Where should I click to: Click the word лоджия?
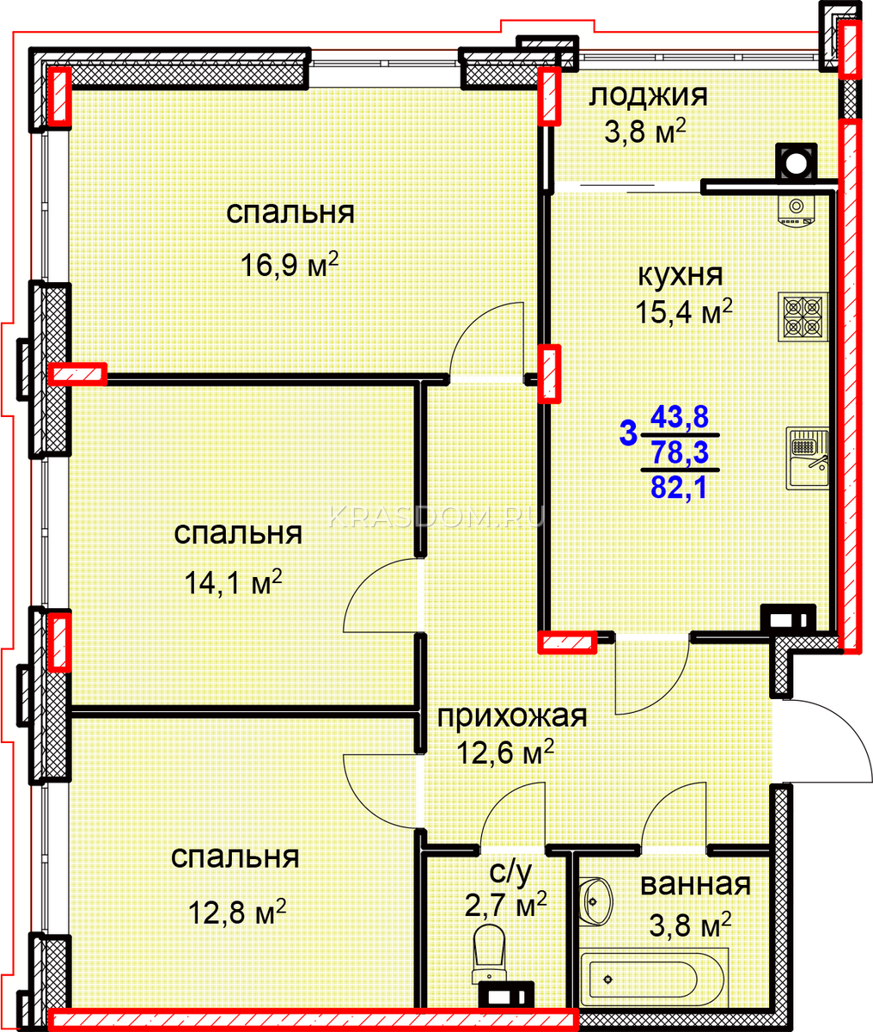coord(648,95)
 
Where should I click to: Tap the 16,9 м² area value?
coord(290,264)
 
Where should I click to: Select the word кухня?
coord(681,275)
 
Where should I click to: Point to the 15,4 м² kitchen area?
coord(684,311)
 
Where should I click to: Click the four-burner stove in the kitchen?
coord(803,317)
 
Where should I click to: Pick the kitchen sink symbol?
coord(807,458)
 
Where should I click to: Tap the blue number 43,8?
coord(680,416)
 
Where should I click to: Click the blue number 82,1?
coord(679,488)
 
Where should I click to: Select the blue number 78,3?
coord(680,452)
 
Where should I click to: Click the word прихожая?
coord(512,716)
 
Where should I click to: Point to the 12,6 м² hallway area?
coord(505,752)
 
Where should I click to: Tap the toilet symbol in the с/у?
coord(490,955)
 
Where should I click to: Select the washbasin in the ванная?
coord(595,902)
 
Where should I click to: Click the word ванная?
coord(695,884)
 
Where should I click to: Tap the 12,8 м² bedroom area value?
coord(237,913)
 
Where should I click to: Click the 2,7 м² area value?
coord(506,906)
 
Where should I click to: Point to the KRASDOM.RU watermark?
coord(436,517)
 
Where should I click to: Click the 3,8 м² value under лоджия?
coord(645,132)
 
